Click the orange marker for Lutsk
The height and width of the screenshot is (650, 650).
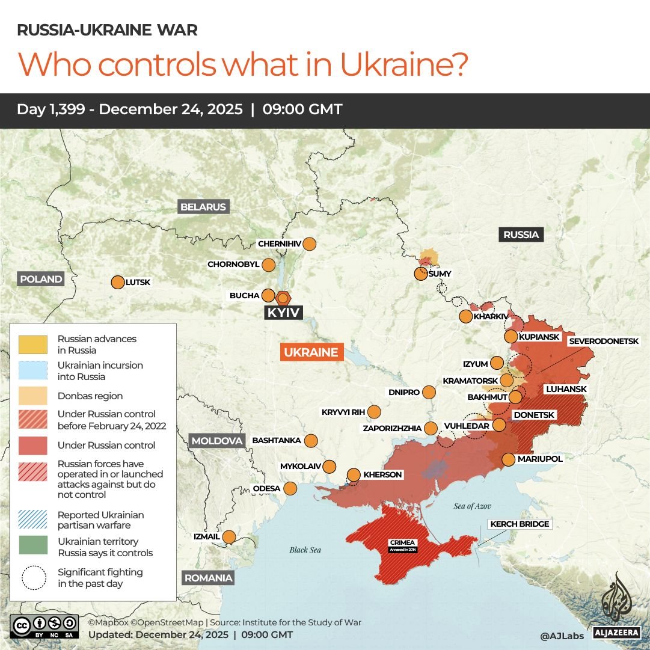[x=117, y=282]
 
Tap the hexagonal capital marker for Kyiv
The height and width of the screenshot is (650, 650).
[x=283, y=298]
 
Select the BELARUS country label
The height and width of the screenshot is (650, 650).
[x=203, y=207]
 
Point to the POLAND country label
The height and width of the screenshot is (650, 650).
[x=41, y=279]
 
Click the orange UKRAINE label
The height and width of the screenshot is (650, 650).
[x=311, y=352]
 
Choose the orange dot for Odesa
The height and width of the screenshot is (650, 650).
[x=290, y=488]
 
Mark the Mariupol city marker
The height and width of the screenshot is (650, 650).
[x=508, y=459]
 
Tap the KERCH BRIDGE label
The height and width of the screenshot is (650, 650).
[x=520, y=524]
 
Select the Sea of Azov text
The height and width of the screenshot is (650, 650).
[x=473, y=506]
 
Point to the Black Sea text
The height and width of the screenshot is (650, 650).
[x=305, y=550]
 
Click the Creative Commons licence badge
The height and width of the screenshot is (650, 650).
[x=44, y=625]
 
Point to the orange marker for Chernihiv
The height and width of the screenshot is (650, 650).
[x=310, y=244]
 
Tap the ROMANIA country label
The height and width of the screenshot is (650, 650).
[x=208, y=578]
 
